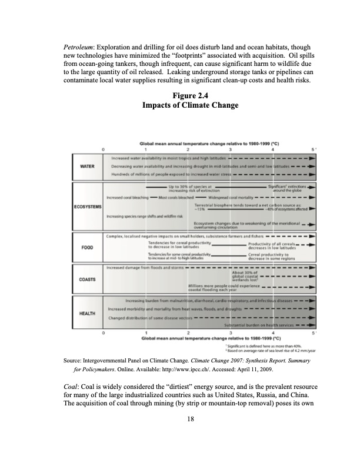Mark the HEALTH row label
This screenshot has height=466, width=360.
(x=87, y=312)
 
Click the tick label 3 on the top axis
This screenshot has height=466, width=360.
(x=230, y=149)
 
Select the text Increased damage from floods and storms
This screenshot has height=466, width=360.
(x=145, y=267)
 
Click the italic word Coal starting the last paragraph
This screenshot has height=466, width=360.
(x=72, y=385)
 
